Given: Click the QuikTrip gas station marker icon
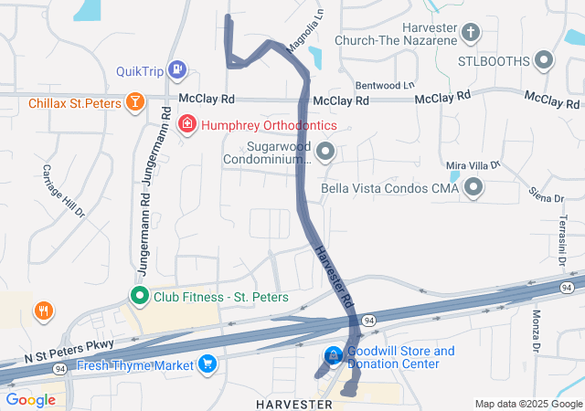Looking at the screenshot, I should [177, 68].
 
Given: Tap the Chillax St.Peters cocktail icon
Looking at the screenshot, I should [135, 101].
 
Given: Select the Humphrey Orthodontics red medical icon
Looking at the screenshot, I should [186, 123].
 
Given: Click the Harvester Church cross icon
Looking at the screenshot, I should [471, 34].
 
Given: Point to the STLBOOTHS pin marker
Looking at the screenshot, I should [545, 61].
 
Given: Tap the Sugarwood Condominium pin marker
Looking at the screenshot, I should [324, 153].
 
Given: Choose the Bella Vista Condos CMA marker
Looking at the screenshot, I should [473, 188].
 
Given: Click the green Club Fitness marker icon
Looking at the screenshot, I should [139, 296].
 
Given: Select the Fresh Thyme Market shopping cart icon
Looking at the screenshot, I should [208, 364].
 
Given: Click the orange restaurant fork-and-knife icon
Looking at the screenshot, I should [43, 311].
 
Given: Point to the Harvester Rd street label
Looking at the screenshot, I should [334, 275].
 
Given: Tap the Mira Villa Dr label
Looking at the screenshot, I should [473, 165].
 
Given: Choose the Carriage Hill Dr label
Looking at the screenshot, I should [63, 192].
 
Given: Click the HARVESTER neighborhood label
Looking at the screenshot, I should [295, 403].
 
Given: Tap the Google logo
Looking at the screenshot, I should [30, 399].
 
